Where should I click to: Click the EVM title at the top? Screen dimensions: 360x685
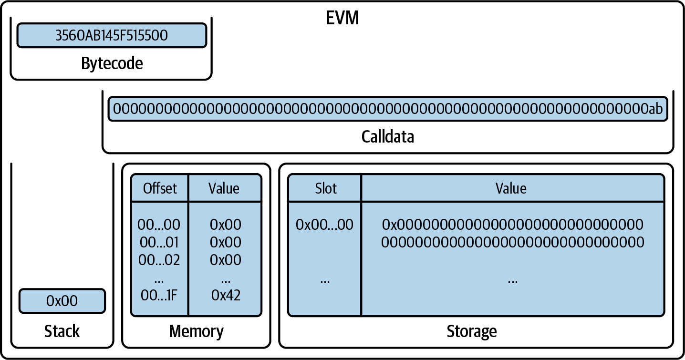click(x=342, y=18)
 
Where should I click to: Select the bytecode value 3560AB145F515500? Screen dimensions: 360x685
click(x=112, y=36)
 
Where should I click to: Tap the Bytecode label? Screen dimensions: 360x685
click(x=112, y=63)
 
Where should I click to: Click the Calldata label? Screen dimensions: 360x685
click(x=387, y=137)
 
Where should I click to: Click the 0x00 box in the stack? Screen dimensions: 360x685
click(x=62, y=301)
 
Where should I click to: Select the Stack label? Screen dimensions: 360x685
click(x=62, y=331)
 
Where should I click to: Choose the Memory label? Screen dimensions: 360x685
click(x=196, y=331)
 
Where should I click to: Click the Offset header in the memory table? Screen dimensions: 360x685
click(x=160, y=188)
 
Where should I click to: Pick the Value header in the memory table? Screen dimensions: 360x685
click(x=224, y=188)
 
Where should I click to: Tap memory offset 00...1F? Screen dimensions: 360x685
click(x=159, y=295)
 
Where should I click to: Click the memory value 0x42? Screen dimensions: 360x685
click(x=226, y=295)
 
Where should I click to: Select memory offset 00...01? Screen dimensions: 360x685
click(x=159, y=242)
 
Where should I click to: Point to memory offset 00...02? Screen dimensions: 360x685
click(x=159, y=260)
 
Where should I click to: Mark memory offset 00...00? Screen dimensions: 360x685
click(x=159, y=225)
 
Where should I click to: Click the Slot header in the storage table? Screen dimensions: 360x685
click(x=326, y=188)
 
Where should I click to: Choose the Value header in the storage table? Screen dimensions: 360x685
click(x=511, y=188)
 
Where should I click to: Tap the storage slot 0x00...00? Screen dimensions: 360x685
click(x=324, y=225)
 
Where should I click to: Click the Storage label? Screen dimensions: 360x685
click(x=471, y=331)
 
